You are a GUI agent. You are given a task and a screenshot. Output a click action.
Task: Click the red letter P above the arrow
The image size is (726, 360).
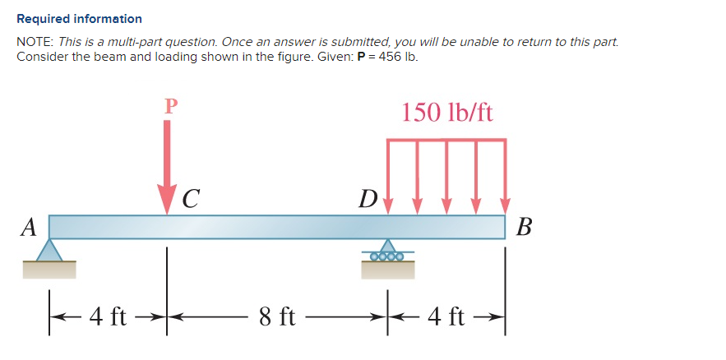pyautogui.click(x=170, y=105)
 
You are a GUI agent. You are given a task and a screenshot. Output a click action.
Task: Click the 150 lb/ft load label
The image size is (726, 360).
pyautogui.click(x=447, y=112)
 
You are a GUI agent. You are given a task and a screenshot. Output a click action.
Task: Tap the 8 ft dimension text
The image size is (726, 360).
pyautogui.click(x=277, y=316)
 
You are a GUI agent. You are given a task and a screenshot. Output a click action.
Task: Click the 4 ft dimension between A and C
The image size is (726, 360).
pyautogui.click(x=108, y=316)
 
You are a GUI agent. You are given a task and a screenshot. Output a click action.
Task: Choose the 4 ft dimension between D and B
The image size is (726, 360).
pyautogui.click(x=447, y=316)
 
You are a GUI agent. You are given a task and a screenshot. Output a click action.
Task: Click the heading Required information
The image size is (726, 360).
pyautogui.click(x=79, y=18)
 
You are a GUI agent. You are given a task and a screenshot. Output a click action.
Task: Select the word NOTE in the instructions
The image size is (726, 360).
pyautogui.click(x=33, y=41)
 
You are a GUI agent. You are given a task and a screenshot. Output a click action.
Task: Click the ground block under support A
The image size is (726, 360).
pyautogui.click(x=49, y=269)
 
